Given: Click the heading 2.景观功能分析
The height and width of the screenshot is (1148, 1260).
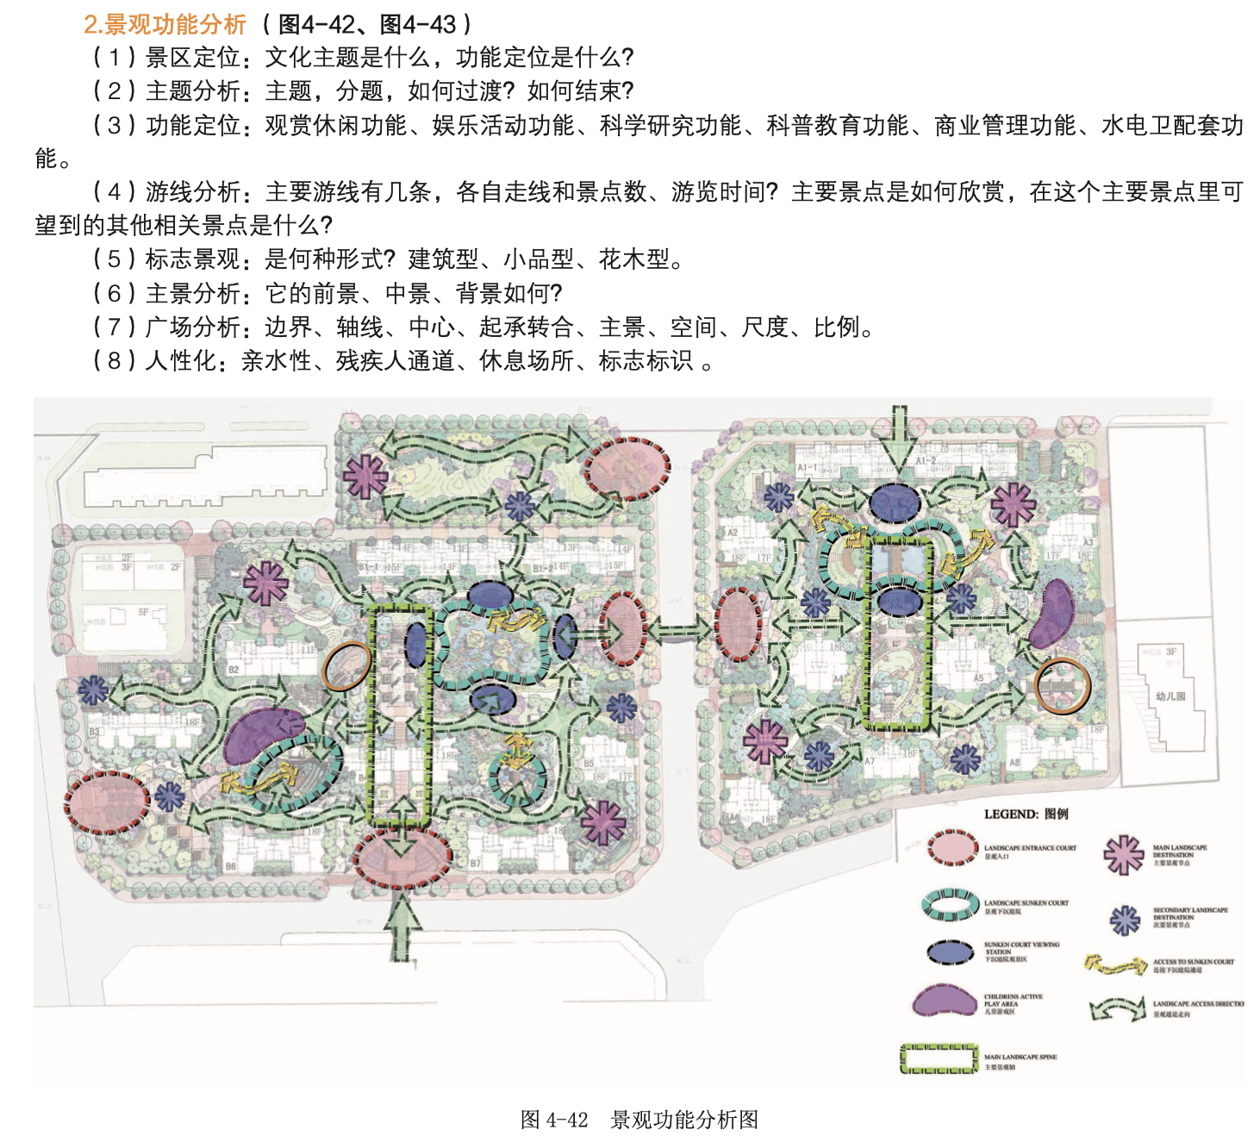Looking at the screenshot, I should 165,24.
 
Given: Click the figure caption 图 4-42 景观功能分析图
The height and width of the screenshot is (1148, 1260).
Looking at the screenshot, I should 639,1120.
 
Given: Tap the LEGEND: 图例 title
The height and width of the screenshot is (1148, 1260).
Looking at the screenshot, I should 1026,814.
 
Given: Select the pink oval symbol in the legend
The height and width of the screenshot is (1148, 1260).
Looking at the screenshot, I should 952,848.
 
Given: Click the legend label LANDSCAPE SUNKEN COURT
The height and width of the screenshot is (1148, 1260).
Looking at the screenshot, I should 1026,903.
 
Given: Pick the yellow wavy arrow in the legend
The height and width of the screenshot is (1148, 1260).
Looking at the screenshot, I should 1115,964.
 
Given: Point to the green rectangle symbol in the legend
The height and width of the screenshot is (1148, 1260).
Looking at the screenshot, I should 939,1059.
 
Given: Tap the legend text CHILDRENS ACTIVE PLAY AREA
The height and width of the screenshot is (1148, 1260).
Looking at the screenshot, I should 1013,1001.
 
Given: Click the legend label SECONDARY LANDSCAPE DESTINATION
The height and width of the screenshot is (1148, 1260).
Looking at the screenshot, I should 1190,914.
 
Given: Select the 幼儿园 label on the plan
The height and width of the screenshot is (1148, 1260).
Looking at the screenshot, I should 1170,696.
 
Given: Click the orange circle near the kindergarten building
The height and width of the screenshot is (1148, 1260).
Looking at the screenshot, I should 1063,686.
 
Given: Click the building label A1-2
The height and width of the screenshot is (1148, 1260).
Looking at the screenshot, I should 926,461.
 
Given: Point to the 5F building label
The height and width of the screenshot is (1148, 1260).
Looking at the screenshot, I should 143,612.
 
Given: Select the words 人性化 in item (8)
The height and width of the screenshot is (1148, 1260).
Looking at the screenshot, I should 180,360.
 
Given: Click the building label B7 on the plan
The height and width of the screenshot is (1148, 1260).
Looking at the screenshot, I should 475,863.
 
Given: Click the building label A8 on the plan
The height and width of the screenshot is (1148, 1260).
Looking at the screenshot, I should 1014,762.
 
